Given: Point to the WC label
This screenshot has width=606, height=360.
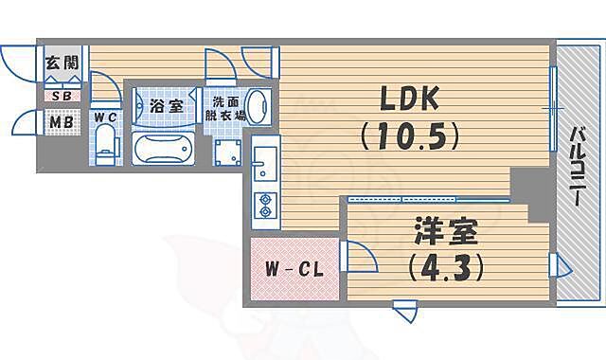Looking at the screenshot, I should coord(104,117).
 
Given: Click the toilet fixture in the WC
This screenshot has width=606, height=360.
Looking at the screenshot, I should coord(105,147).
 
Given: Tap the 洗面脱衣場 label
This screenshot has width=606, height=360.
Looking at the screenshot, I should coord(227,108).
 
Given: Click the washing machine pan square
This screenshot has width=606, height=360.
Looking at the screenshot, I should coord(227,153).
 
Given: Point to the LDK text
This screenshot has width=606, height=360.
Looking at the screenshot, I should coord(408,99).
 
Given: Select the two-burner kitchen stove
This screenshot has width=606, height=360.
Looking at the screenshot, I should coord(264,205).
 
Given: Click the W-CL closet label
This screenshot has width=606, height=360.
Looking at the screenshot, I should coord(294,268).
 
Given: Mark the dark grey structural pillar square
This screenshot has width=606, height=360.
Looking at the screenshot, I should coord(523,183).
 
